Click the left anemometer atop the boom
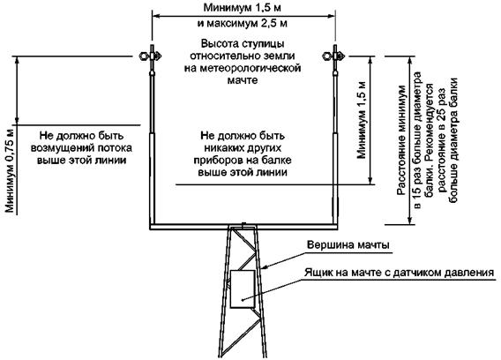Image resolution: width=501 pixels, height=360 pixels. (x=151, y=56)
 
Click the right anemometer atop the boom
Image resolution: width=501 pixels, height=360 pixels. (x=333, y=56)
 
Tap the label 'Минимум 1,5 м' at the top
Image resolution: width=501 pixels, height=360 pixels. (x=243, y=8)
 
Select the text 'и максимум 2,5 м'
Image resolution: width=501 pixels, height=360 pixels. (x=243, y=23)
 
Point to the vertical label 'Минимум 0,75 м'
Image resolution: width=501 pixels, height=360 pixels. (x=11, y=170)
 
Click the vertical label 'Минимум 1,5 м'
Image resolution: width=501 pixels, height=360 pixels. (x=362, y=120)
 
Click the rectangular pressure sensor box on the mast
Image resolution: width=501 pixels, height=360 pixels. (x=243, y=289)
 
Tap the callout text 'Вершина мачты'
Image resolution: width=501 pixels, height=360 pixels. (x=348, y=245)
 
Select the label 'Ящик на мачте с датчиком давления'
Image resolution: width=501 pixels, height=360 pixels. (x=399, y=273)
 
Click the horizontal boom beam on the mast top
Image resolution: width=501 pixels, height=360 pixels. (x=243, y=227)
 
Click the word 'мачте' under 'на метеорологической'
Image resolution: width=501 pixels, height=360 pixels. (x=243, y=80)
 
